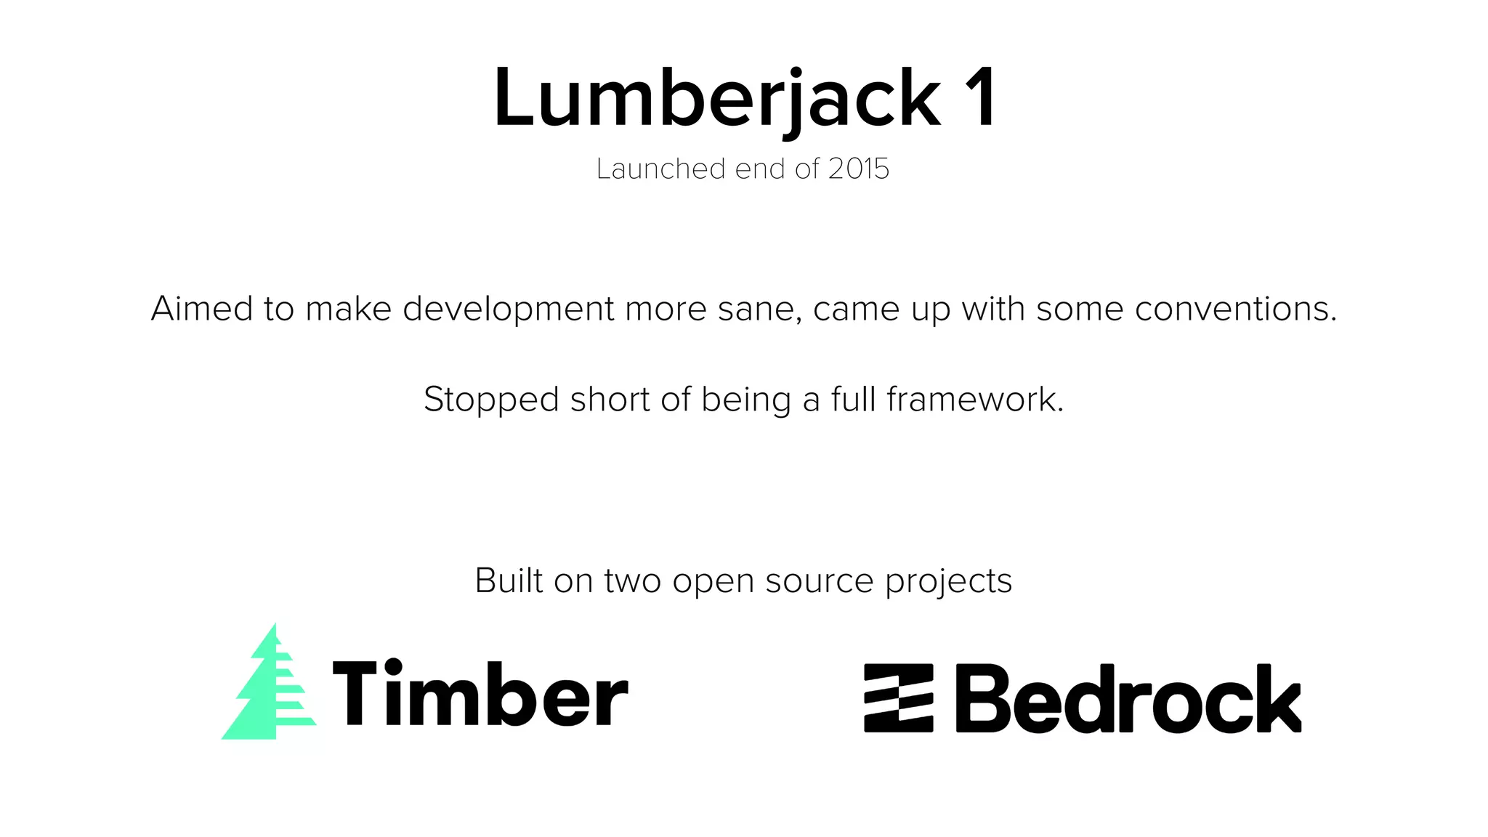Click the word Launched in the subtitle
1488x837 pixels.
click(x=660, y=169)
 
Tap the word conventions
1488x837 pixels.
click(x=1235, y=309)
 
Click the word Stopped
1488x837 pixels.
click(x=491, y=400)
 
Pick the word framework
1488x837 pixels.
click(x=975, y=400)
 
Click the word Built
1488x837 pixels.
click(x=509, y=581)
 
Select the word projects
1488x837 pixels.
click(x=948, y=582)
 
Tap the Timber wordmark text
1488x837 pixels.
click(x=480, y=693)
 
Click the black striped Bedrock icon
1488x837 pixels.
click(x=898, y=697)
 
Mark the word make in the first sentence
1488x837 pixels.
click(x=348, y=309)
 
